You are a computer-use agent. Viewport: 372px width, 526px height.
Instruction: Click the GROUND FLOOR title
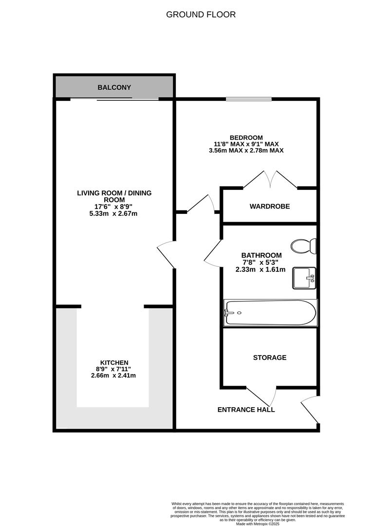coord(201,15)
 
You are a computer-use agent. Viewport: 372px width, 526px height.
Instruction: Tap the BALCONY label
coord(114,88)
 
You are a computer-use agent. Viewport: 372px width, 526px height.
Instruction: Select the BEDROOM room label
coord(246,137)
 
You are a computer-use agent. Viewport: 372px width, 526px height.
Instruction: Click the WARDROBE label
coord(269,207)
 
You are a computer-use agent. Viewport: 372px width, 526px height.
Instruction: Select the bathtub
coord(270,313)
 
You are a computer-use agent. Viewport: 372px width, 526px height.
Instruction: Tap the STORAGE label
coord(269,357)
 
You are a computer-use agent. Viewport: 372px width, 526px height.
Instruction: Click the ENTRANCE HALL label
coord(246,410)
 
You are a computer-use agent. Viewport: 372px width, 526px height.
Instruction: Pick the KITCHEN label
coord(114,362)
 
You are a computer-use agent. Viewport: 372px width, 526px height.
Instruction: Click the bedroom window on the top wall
coord(248,100)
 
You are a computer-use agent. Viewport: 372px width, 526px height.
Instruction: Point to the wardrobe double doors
coord(270,179)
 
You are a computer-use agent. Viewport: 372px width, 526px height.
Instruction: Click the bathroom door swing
coord(213,253)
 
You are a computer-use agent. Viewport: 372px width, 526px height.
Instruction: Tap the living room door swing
coord(166,253)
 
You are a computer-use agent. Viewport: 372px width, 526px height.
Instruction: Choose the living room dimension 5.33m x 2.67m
coord(114,213)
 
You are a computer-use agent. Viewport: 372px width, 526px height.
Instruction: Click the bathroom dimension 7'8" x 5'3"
coord(261,263)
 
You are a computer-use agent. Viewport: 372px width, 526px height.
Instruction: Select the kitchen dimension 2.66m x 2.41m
coord(113,376)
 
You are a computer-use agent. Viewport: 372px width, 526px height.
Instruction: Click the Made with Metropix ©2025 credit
coord(258,524)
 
